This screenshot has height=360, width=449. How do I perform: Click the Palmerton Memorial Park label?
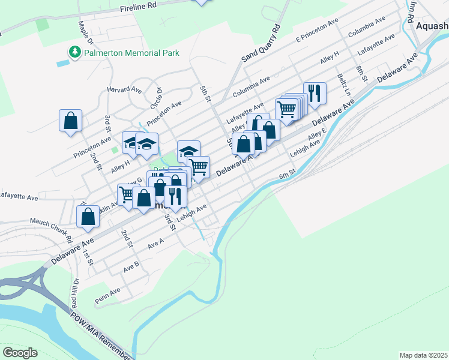131,53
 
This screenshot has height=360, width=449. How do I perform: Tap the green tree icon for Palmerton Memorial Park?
75,53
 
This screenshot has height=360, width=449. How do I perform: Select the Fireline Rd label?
138,8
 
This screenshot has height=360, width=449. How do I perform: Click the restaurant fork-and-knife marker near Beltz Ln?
315,93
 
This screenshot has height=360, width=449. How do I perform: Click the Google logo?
20,353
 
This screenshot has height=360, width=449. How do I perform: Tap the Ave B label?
131,264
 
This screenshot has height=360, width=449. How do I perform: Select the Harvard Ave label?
124,89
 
